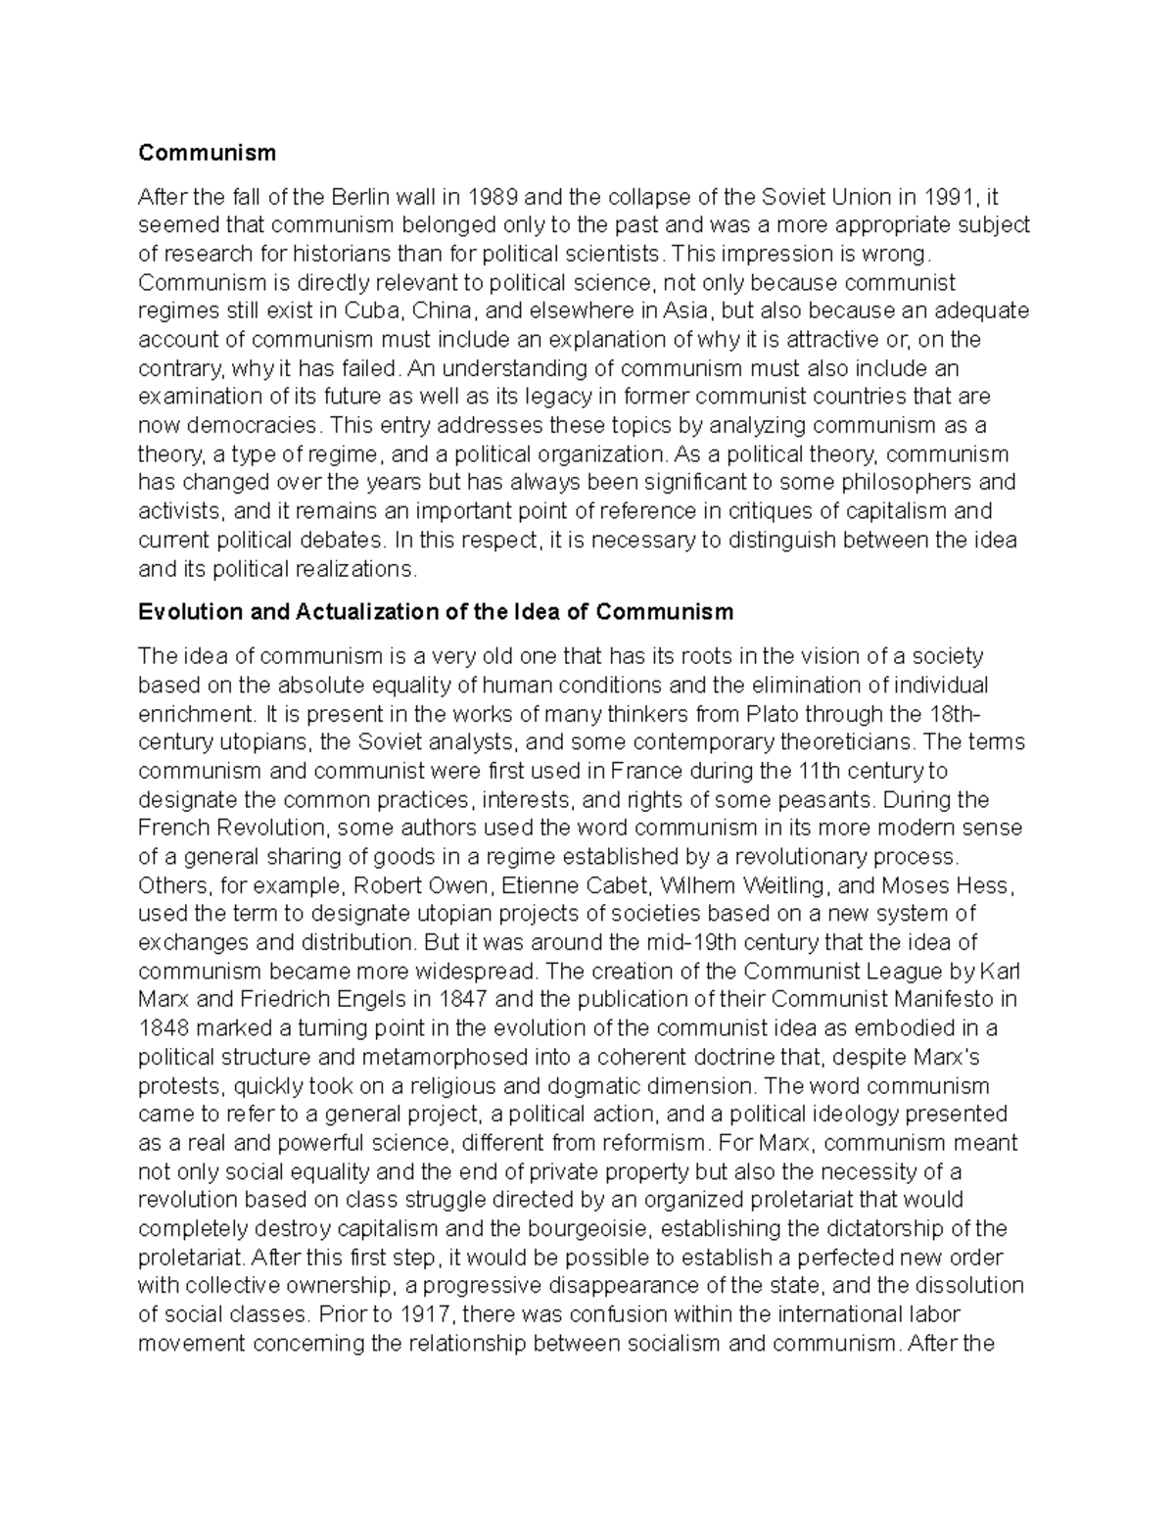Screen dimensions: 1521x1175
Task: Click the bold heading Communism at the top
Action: click(208, 153)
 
